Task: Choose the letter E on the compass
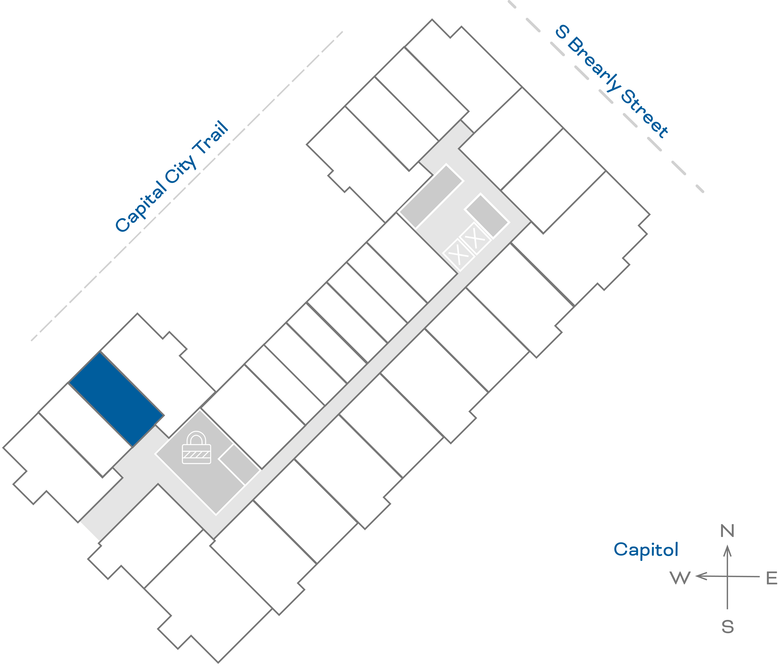pyautogui.click(x=771, y=579)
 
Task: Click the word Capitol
pyautogui.click(x=646, y=550)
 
